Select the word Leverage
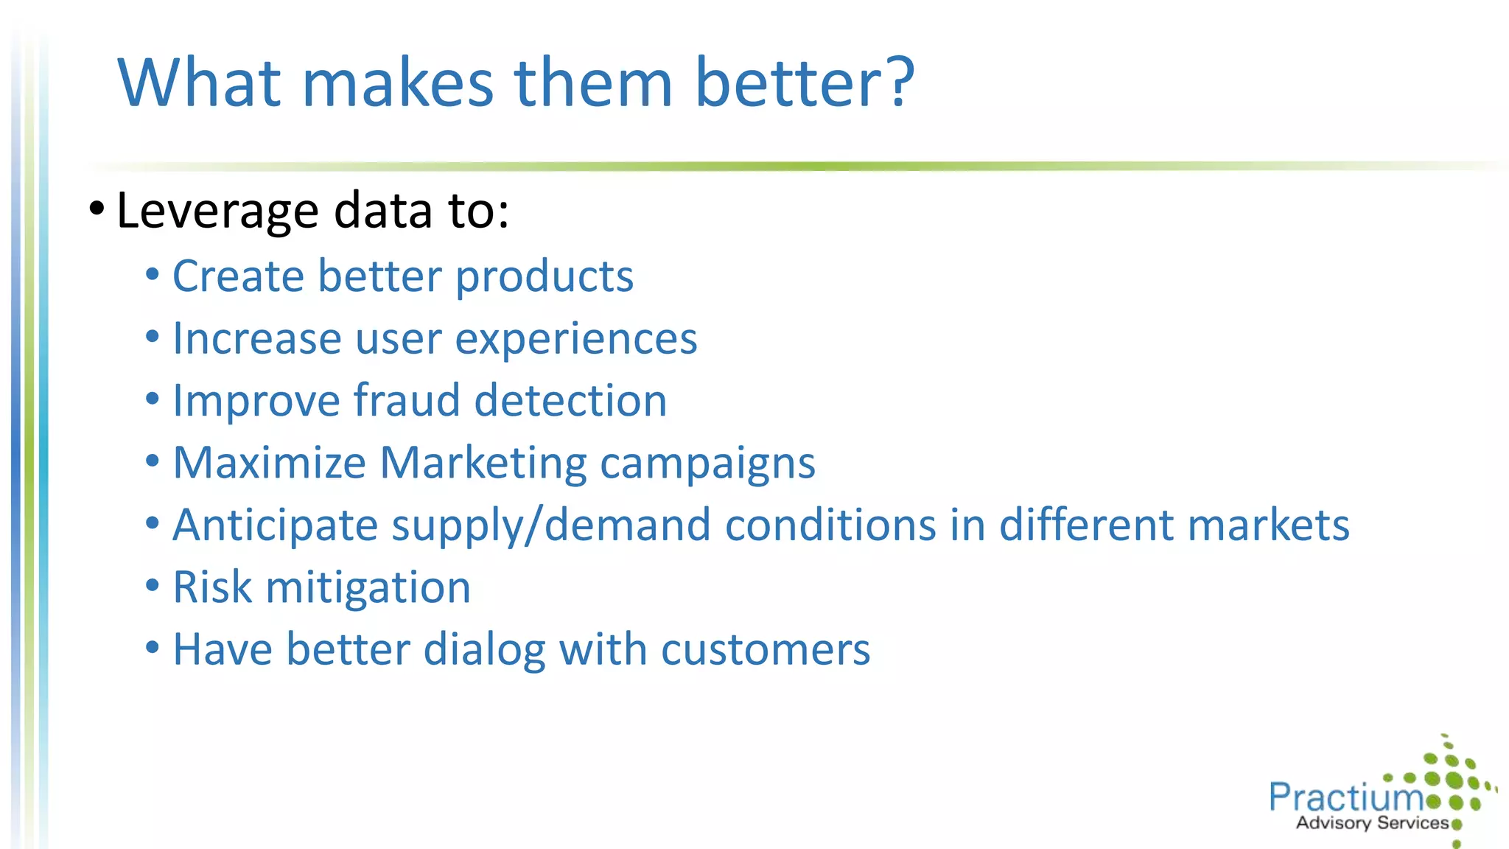tap(218, 212)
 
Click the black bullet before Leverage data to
tap(97, 209)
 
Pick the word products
tap(544, 277)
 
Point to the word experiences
tap(575, 340)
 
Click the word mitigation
tap(368, 588)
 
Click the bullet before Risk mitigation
tap(153, 586)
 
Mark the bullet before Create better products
tap(153, 275)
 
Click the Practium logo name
tap(1345, 797)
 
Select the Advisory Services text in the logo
tap(1372, 823)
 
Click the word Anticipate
tap(275, 526)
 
